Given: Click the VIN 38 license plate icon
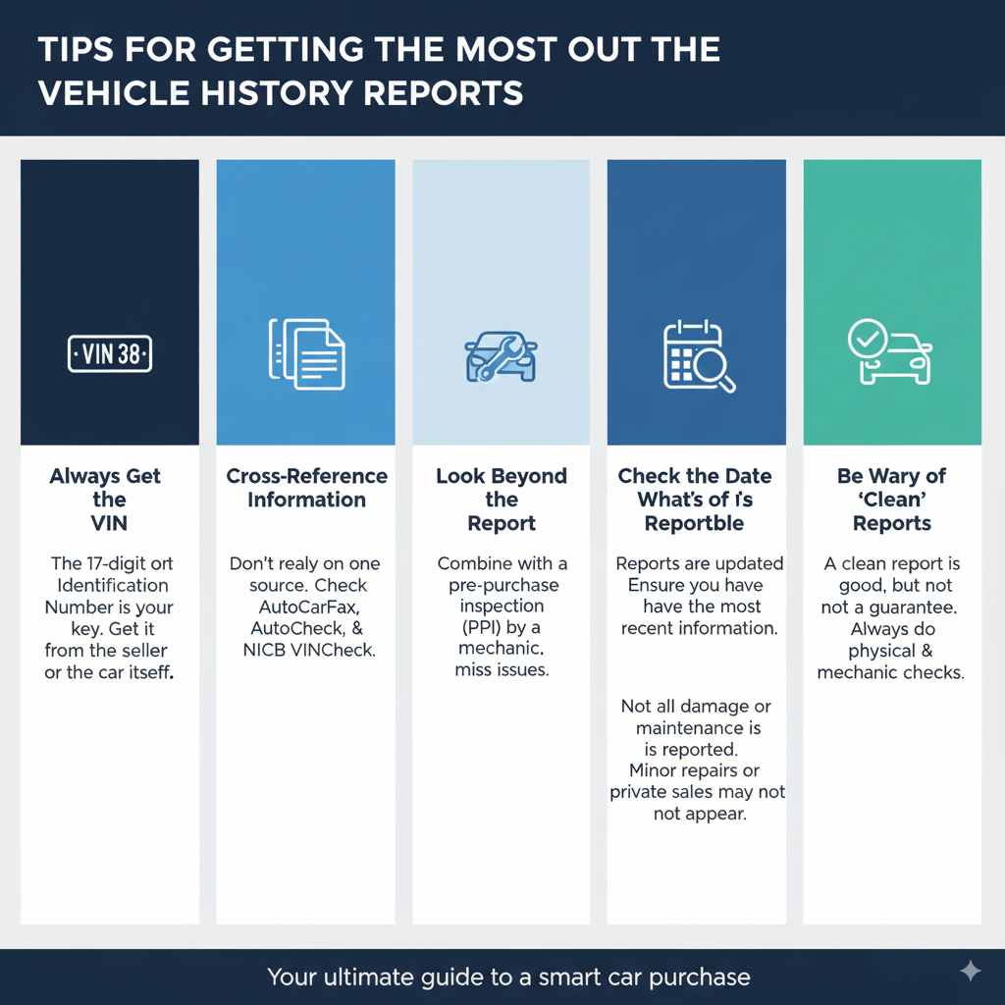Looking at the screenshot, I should [x=110, y=354].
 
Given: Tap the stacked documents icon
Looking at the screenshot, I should [x=306, y=354].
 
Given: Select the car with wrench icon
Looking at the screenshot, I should [x=501, y=355].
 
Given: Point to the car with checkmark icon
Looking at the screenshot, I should [x=889, y=354].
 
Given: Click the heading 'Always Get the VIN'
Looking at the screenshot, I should [x=105, y=500].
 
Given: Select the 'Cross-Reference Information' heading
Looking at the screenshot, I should [x=306, y=488].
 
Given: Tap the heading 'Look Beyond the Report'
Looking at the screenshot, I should [x=502, y=500].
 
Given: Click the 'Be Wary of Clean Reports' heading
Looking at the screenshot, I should [x=891, y=500].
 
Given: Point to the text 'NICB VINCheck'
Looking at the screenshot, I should [x=309, y=650].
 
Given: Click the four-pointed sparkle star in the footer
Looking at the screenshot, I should [x=970, y=971].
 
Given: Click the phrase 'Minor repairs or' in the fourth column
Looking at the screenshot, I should [x=696, y=770].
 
